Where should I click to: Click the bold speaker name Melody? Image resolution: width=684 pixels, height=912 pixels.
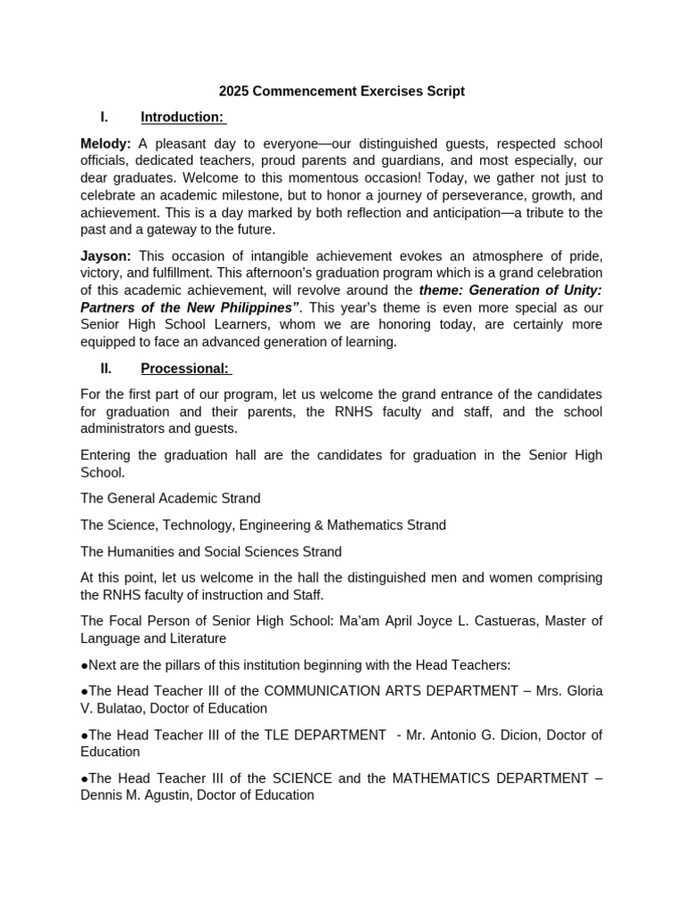[105, 143]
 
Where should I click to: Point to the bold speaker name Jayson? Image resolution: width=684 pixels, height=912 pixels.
[105, 256]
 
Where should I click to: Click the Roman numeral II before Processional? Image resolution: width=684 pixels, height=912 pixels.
[105, 369]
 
